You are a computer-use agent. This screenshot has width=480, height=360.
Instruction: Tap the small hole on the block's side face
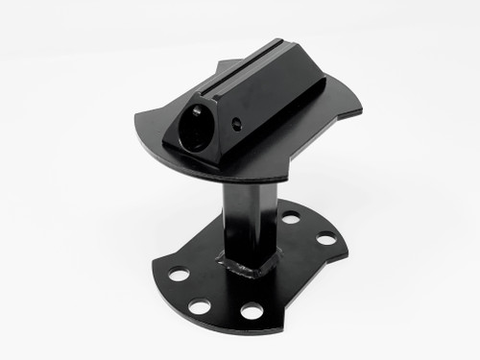[x=236, y=123]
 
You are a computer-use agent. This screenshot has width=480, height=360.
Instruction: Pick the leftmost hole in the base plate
[x=179, y=275]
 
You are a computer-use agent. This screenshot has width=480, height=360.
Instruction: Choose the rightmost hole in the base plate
[x=326, y=237]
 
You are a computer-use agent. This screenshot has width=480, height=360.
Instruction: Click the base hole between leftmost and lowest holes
[x=201, y=307]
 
